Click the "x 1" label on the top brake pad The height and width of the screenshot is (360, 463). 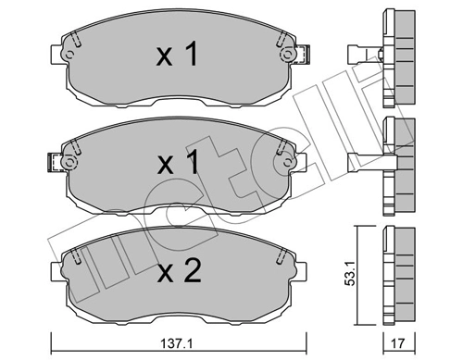176,56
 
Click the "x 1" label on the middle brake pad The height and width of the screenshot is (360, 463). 176,164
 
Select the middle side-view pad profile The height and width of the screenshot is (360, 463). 400,163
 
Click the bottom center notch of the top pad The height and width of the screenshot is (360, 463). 176,100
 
